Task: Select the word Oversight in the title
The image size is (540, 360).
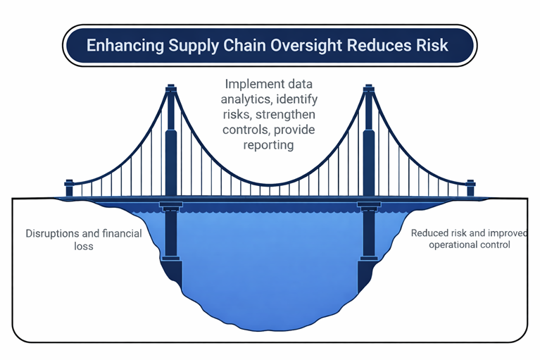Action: point(320,45)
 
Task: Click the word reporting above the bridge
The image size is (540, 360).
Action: point(268,144)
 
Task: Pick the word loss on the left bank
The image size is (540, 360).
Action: point(82,247)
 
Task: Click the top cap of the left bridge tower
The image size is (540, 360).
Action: point(170,89)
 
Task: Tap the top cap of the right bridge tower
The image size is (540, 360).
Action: point(367,89)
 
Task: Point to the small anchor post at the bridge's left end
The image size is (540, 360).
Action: point(69,187)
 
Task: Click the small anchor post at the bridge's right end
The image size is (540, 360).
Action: point(470,187)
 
